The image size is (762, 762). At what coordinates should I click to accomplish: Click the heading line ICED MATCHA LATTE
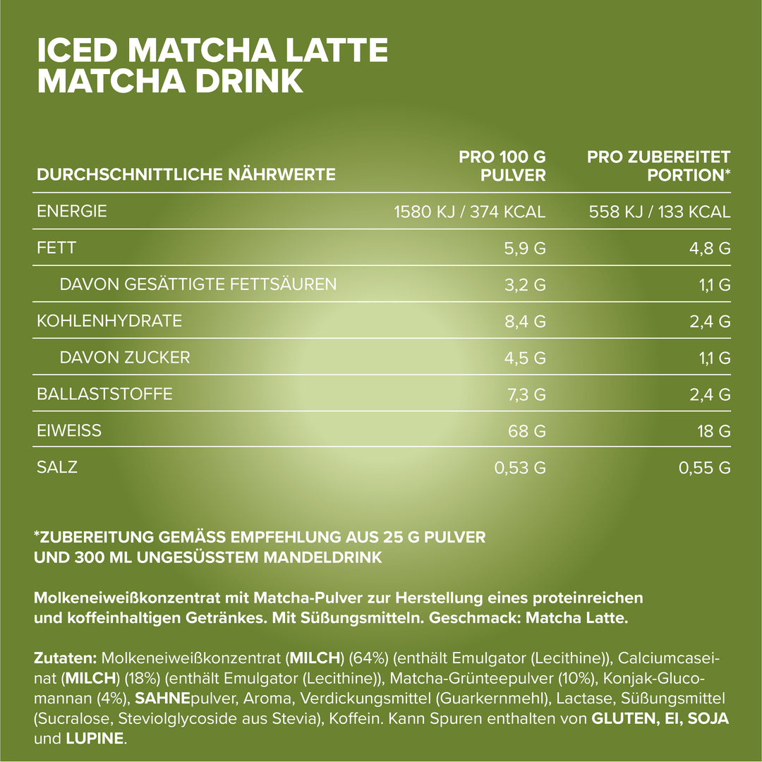pyautogui.click(x=212, y=50)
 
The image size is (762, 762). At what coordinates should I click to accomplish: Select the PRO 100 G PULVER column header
pyautogui.click(x=502, y=166)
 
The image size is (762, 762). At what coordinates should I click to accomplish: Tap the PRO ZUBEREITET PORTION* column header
pyautogui.click(x=658, y=166)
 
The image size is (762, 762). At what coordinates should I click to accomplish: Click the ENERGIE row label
pyautogui.click(x=72, y=211)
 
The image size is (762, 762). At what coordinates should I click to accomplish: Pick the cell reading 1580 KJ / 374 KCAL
pyautogui.click(x=470, y=212)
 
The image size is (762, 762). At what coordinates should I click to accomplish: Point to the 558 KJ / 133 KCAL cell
pyautogui.click(x=660, y=212)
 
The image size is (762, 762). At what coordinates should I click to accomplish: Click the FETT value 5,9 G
pyautogui.click(x=526, y=248)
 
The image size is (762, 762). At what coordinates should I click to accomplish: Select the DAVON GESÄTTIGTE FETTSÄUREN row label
pyautogui.click(x=198, y=284)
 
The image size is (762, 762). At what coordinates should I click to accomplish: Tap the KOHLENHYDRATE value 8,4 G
pyautogui.click(x=526, y=321)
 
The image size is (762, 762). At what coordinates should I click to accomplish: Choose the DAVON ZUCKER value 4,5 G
pyautogui.click(x=526, y=358)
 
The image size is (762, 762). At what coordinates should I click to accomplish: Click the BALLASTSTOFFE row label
pyautogui.click(x=104, y=394)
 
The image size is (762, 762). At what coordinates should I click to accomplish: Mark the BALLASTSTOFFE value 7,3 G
pyautogui.click(x=526, y=394)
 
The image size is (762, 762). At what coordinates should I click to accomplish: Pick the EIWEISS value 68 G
pyautogui.click(x=528, y=431)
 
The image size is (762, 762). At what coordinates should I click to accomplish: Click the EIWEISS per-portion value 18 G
pyautogui.click(x=714, y=431)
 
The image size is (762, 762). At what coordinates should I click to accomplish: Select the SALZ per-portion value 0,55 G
pyautogui.click(x=704, y=468)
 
